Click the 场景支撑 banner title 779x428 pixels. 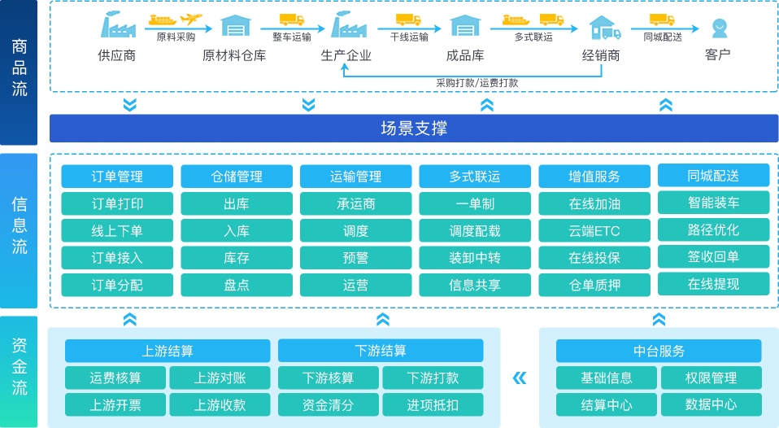414,129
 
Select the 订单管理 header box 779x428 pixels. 117,177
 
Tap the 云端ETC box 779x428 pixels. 594,230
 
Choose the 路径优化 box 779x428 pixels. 713,229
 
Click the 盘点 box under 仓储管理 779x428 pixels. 237,285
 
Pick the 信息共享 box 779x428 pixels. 475,285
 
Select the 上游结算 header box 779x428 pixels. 168,351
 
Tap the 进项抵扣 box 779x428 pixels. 433,404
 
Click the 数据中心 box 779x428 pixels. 711,404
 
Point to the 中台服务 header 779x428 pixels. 659,351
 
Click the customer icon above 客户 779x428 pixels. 720,28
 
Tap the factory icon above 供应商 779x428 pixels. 118,25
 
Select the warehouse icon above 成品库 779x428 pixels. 465,25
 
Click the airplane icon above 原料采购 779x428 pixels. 191,19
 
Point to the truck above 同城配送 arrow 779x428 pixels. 662,20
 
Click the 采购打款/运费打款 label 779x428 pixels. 477,83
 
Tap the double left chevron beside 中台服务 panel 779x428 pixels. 520,378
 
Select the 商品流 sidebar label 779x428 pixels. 19,68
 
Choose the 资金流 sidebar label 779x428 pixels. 19,366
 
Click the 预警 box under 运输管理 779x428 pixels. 355,257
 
